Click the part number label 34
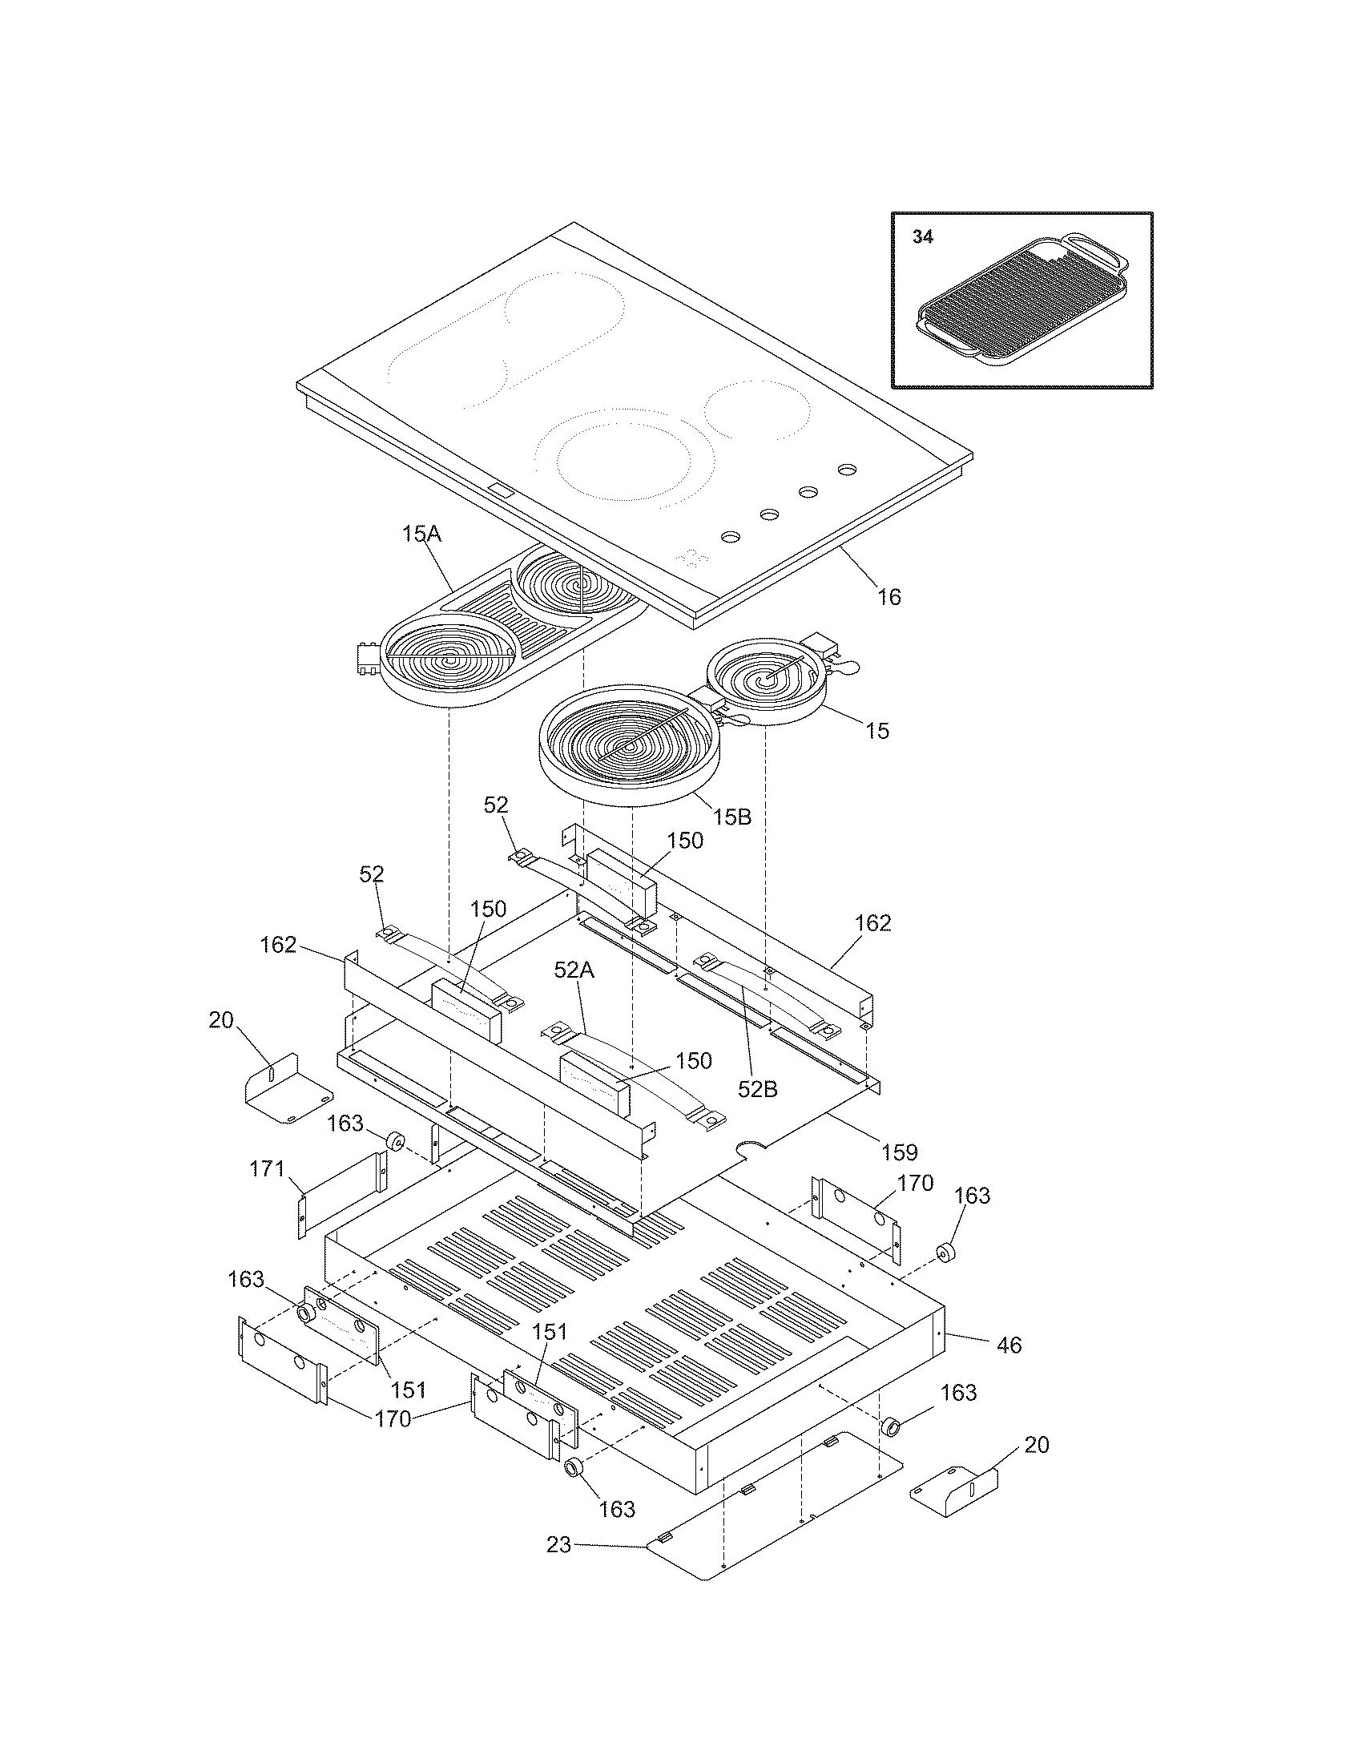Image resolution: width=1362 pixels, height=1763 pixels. coord(923,237)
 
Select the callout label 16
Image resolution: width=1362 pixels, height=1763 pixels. coord(889,597)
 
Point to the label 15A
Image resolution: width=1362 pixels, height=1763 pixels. coord(423,534)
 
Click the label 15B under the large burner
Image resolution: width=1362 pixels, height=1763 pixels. coord(731,817)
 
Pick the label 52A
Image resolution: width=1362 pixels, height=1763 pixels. coord(574,970)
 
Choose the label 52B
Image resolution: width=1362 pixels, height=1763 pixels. coord(758,1089)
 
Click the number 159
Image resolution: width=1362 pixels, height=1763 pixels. coord(900,1151)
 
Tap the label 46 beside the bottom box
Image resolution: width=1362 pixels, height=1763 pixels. coord(1009,1345)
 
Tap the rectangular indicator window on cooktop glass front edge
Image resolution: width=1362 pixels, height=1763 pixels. coord(501,489)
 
